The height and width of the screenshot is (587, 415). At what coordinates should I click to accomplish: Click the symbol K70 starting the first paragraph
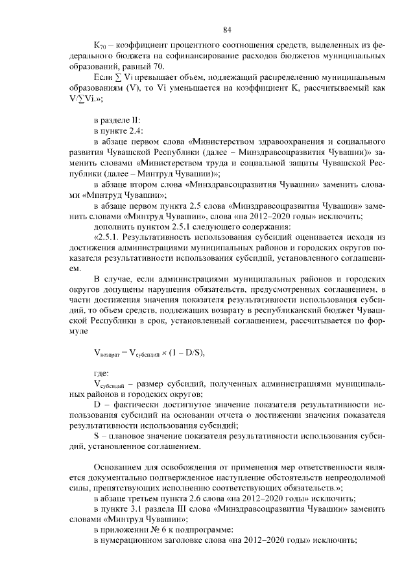pos(100,47)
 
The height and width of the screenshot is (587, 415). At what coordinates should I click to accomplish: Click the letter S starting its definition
pos(97,436)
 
